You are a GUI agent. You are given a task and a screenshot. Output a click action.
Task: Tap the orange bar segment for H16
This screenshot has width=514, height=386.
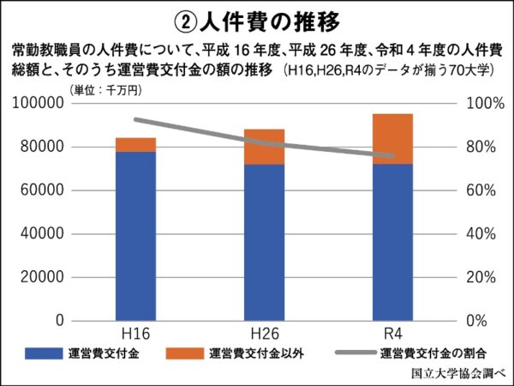[x=135, y=144]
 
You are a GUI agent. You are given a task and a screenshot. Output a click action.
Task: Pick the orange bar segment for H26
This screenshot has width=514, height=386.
[x=264, y=147]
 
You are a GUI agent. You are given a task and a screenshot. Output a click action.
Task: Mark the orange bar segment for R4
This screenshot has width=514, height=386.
[x=392, y=138]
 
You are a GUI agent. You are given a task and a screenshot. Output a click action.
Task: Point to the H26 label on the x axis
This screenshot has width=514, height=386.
[x=264, y=334]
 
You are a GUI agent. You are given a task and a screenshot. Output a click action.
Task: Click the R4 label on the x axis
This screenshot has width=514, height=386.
[x=392, y=334]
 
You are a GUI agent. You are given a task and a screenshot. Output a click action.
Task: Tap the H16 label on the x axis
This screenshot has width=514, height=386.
[x=135, y=334]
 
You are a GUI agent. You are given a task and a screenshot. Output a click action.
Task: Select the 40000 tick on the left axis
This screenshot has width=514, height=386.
[x=44, y=233]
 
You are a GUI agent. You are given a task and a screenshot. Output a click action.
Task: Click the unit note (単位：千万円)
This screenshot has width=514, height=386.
[x=105, y=89]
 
